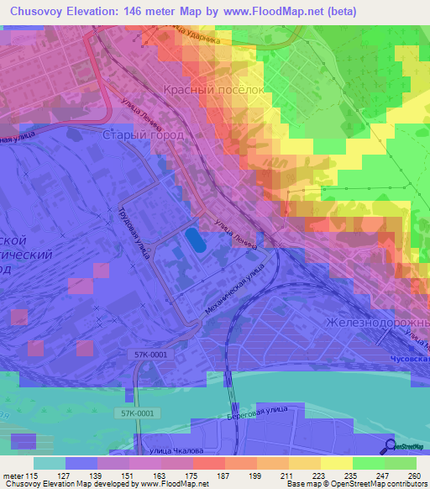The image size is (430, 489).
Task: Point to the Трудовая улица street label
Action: point(134,230)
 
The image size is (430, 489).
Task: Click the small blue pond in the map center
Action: point(194,240)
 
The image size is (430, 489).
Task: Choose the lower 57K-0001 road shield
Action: point(135,413)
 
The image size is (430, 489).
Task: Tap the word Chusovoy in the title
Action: point(34,11)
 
